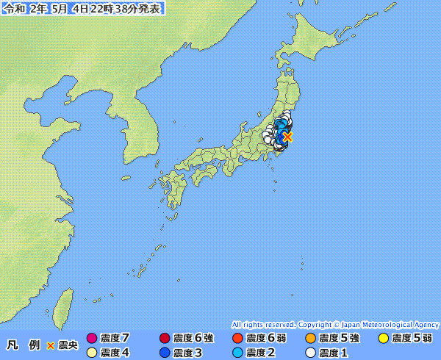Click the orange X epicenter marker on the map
coord(288,136)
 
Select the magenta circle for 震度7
coord(91,339)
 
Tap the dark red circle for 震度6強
coord(164,339)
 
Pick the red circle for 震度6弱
coord(237,339)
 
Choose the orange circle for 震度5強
coord(309,339)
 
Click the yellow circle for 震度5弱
coord(382,339)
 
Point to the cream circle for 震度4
coord(91,353)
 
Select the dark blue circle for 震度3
coord(164,353)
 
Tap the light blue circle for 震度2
coord(237,353)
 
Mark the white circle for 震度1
coord(309,353)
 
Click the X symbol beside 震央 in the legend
coord(51,345)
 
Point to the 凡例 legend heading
coord(23,345)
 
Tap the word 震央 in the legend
coord(68,345)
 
